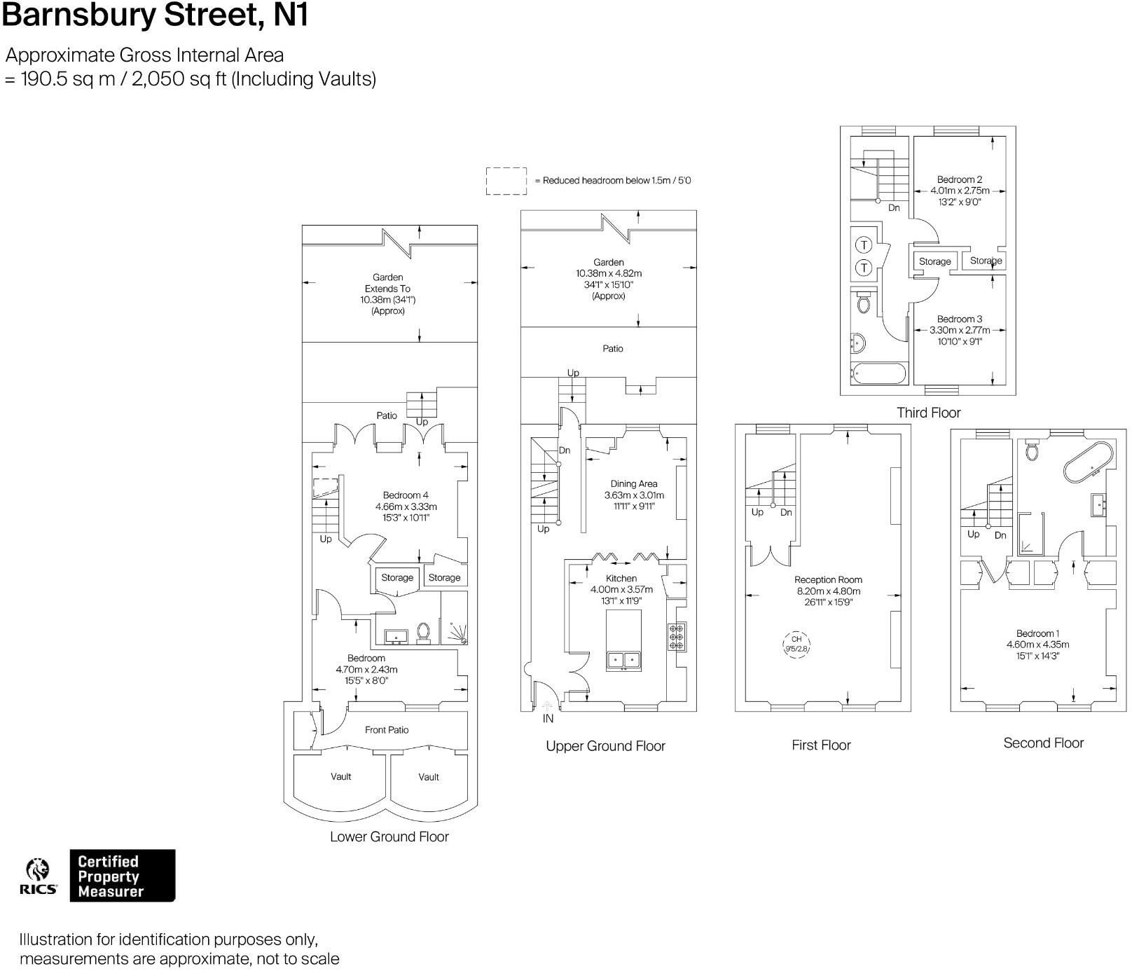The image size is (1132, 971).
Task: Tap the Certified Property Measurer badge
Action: point(122,876)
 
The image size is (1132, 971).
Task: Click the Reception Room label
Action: point(828,579)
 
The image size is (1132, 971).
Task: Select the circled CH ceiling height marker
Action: point(796,643)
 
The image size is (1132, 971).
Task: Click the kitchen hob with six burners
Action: point(677,637)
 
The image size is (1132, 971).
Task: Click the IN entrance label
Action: point(548,718)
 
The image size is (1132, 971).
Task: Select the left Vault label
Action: point(341,776)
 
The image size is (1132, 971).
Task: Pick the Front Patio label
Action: point(387,730)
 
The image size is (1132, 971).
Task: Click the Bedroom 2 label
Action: point(960,179)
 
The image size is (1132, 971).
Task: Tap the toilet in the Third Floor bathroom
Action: point(863,303)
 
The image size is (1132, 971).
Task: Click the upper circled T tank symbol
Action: point(864,245)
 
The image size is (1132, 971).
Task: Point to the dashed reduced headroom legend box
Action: point(506,181)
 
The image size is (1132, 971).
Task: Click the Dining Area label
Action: point(634,483)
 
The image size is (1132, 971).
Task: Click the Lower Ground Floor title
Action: point(389,836)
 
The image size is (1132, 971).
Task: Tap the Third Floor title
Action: point(929,413)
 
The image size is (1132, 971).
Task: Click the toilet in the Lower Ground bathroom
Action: point(423,632)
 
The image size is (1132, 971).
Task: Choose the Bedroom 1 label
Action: point(1037,633)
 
